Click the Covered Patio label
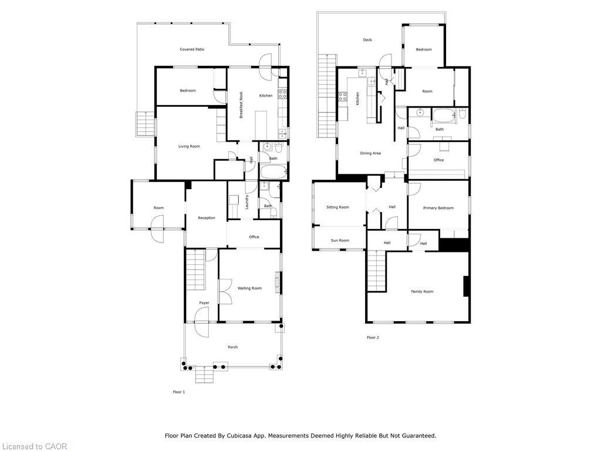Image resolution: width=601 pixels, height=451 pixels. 191,49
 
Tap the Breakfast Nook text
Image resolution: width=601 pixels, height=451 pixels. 241,105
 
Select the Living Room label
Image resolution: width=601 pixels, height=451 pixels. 190,146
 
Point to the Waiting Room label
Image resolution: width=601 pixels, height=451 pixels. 249,288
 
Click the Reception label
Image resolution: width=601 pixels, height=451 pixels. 207,218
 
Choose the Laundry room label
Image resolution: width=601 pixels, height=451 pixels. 248,202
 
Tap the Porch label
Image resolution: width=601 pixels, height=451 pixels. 233,347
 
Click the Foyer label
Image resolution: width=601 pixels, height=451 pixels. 204,303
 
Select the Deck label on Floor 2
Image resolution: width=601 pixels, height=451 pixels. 367,40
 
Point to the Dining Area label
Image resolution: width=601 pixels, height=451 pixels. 370,153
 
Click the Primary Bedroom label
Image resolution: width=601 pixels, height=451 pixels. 438,208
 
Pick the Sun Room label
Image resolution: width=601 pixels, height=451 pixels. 340,240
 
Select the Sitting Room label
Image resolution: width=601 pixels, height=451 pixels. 337,207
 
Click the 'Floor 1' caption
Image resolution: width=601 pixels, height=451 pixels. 179,392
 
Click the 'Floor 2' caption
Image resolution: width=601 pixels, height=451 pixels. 373,338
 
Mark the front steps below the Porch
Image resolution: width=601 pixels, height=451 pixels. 204,374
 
